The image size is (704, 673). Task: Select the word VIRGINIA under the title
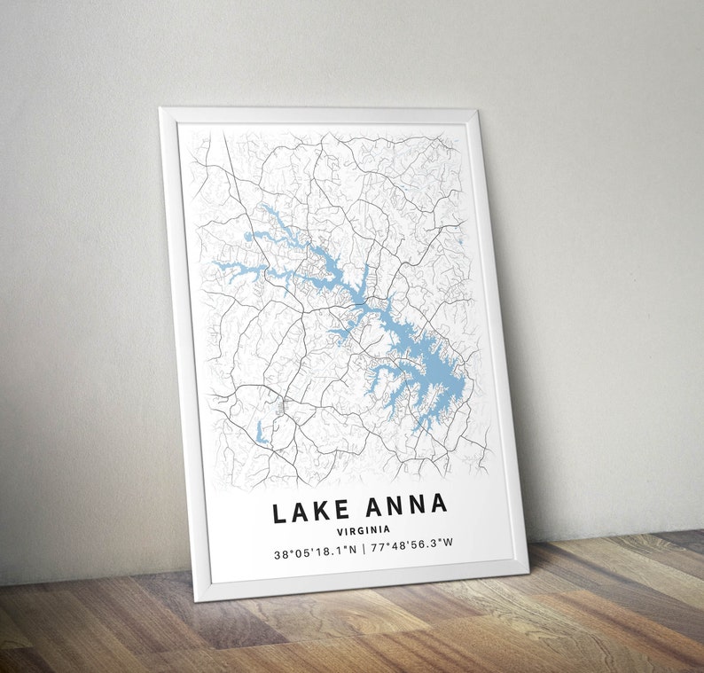[x=363, y=530]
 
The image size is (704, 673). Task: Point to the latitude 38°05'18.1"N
[x=315, y=553]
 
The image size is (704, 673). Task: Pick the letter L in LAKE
[x=279, y=513]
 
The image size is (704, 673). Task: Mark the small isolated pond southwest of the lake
[x=260, y=434]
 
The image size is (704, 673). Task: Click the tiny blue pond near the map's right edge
[x=462, y=240]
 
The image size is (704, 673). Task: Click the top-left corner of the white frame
[x=160, y=109]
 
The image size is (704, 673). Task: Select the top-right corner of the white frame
[x=477, y=111]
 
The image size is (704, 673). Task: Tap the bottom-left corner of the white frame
[x=197, y=600]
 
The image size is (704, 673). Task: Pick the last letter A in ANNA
[x=438, y=504]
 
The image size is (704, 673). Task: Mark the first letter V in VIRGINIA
[x=340, y=532]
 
